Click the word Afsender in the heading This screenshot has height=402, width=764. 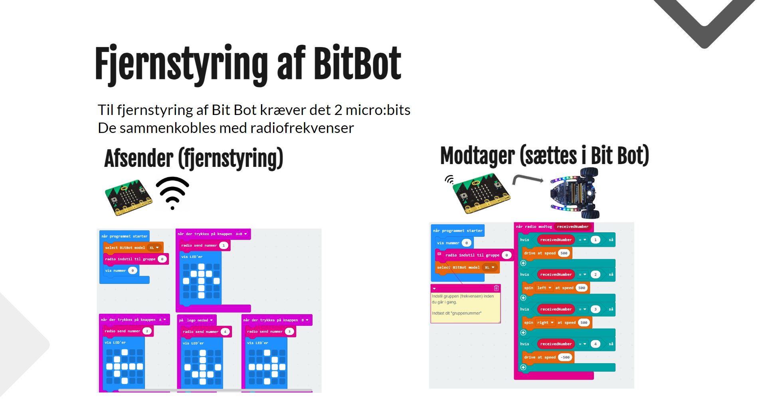coord(139,158)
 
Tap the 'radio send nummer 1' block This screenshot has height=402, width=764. coord(204,246)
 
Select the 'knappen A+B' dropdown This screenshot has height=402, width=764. coord(241,234)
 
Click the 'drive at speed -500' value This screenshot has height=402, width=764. coord(565,357)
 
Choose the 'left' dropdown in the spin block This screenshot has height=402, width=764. coord(544,288)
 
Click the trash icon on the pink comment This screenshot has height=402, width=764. coord(496,288)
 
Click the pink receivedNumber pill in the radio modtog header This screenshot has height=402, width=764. coord(572,227)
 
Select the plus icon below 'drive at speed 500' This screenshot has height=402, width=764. coord(523,263)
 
